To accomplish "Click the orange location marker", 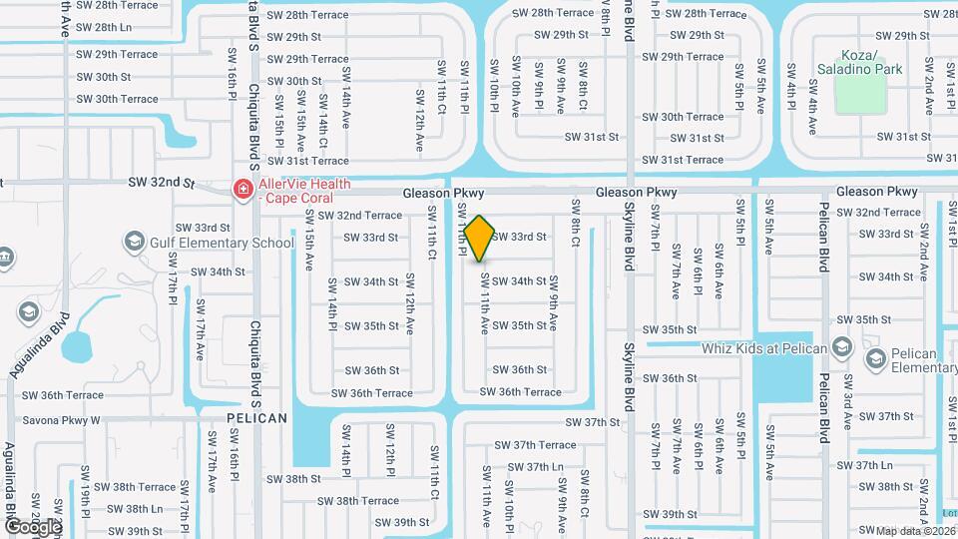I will [480, 238].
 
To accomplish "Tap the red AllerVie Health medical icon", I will [240, 188].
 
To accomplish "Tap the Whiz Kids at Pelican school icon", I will [842, 347].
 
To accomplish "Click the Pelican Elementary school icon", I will [876, 357].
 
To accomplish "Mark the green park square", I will [859, 95].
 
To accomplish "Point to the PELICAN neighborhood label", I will [256, 418].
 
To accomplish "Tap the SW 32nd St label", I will [160, 183].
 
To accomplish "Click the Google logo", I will [32, 526].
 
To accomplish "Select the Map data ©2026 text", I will [916, 530].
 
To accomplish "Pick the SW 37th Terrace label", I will [537, 445].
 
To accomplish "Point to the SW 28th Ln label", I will [105, 27].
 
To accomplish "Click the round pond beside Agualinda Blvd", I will [77, 347].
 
